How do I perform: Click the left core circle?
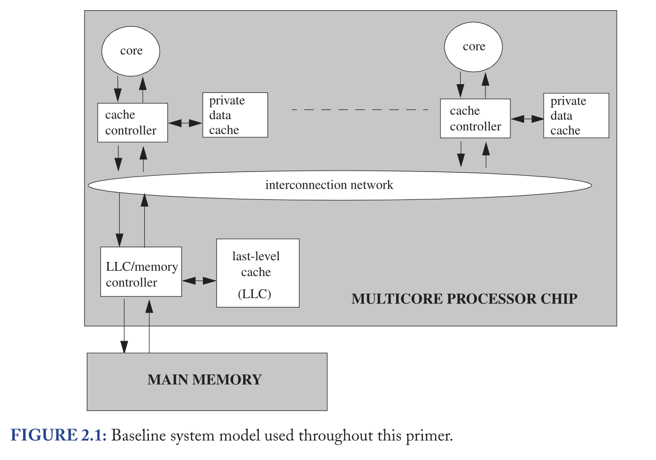pyautogui.click(x=131, y=51)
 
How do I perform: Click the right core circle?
pyautogui.click(x=473, y=47)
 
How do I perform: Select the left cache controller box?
pyautogui.click(x=133, y=123)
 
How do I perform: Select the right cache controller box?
pyautogui.click(x=475, y=118)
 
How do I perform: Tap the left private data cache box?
pyautogui.click(x=235, y=115)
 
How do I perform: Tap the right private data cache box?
pyautogui.click(x=576, y=116)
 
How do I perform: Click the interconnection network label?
pyautogui.click(x=329, y=185)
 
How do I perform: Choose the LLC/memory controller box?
pyautogui.click(x=141, y=272)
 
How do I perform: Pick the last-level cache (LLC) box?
pyautogui.click(x=258, y=273)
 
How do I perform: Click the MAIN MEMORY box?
pyautogui.click(x=207, y=382)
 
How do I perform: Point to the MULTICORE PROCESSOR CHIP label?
pyautogui.click(x=464, y=299)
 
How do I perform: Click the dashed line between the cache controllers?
pyautogui.click(x=360, y=110)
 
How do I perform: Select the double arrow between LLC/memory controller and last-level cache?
pyautogui.click(x=199, y=281)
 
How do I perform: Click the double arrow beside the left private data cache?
pyautogui.click(x=185, y=123)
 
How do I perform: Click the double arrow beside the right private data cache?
pyautogui.click(x=527, y=119)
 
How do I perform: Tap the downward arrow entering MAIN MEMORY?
pyautogui.click(x=124, y=326)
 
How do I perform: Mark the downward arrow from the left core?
pyautogui.click(x=118, y=89)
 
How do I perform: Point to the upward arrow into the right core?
pyautogui.click(x=485, y=86)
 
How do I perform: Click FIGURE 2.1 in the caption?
pyautogui.click(x=58, y=435)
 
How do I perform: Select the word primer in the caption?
pyautogui.click(x=429, y=436)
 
